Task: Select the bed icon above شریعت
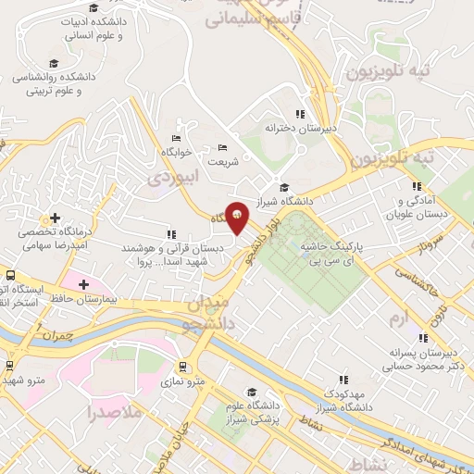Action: point(221,147)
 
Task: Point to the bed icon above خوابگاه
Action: point(176,138)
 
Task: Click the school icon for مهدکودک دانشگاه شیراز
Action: point(343,379)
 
